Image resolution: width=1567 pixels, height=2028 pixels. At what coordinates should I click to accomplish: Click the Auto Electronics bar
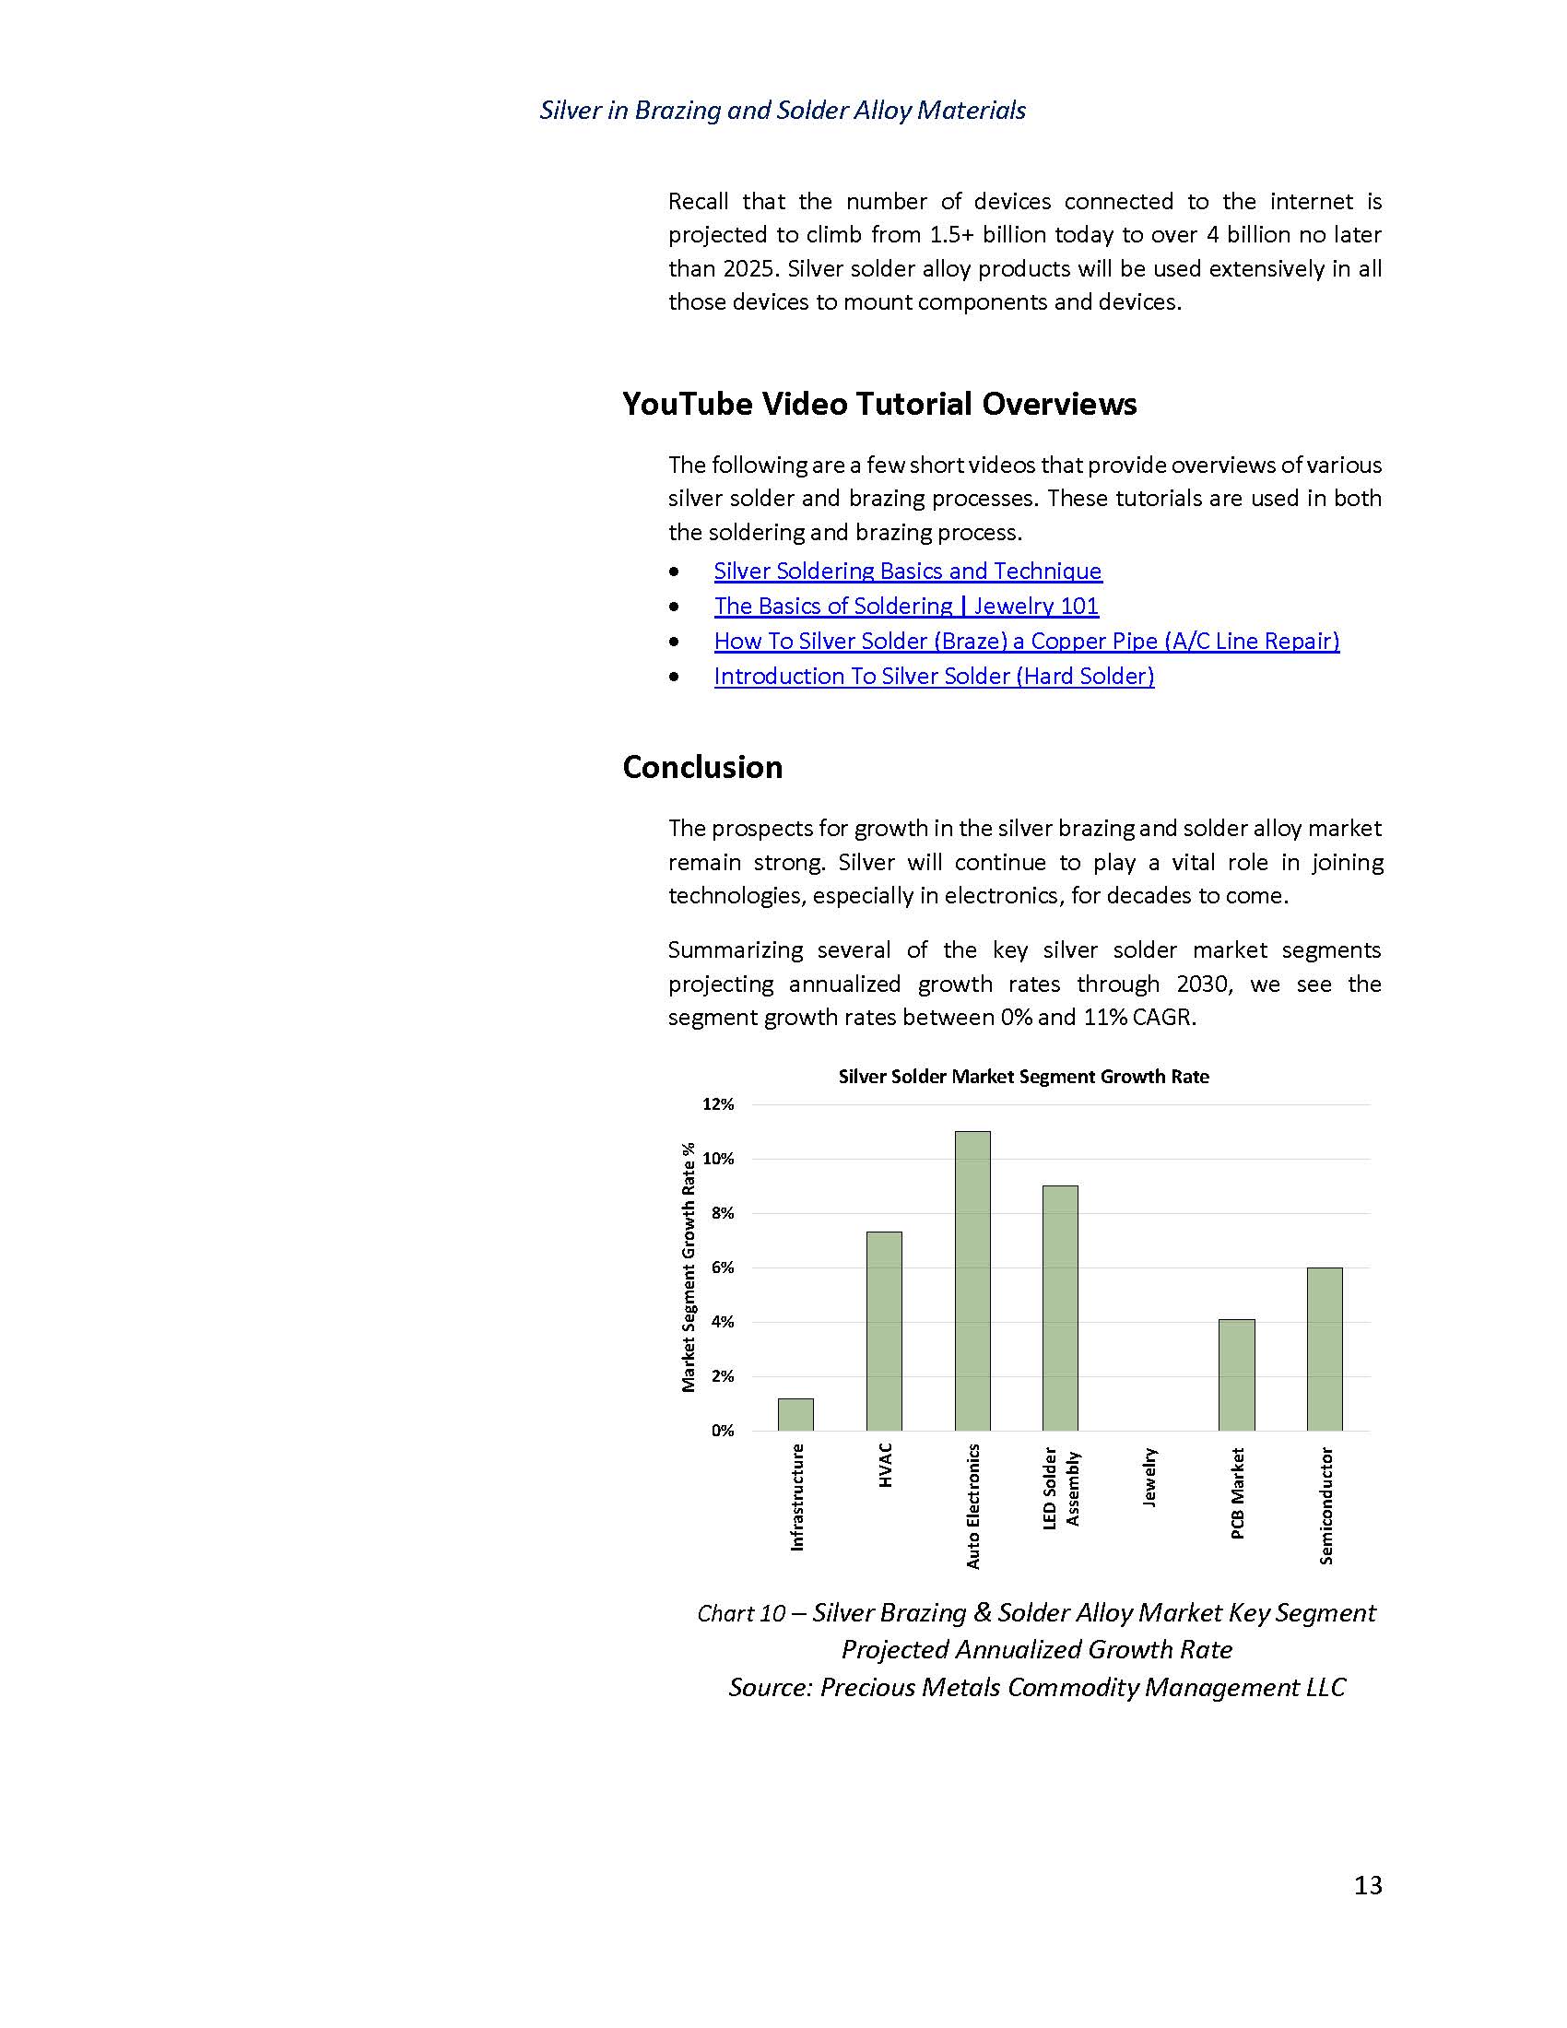pos(972,1280)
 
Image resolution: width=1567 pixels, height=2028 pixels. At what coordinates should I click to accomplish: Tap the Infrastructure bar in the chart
pos(795,1414)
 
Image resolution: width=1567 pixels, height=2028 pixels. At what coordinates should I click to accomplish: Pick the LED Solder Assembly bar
pos(1060,1307)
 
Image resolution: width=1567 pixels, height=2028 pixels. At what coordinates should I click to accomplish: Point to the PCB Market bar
pos(1236,1374)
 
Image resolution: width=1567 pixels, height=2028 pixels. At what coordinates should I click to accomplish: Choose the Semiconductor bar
pos(1325,1349)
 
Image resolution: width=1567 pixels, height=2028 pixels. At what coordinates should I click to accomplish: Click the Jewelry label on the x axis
pos(1149,1478)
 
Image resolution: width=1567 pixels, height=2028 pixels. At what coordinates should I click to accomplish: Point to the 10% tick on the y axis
pos(717,1159)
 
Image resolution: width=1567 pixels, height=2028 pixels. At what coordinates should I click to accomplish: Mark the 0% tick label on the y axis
pos(723,1431)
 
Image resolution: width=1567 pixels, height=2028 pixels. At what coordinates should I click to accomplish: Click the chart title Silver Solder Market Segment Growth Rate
pos(1023,1077)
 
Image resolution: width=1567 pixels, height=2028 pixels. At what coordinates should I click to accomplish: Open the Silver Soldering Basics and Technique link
pos(907,572)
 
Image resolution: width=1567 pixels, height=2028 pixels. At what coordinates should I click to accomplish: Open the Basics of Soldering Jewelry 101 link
pos(906,607)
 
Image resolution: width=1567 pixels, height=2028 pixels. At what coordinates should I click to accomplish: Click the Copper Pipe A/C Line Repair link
pos(1026,642)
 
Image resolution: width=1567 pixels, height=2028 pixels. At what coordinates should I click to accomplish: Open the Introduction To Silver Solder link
pos(934,677)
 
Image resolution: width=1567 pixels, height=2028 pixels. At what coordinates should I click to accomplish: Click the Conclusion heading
pos(701,767)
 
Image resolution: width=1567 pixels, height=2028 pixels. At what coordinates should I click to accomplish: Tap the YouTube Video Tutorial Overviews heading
pos(879,404)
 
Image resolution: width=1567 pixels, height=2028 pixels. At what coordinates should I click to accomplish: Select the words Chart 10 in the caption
pos(741,1614)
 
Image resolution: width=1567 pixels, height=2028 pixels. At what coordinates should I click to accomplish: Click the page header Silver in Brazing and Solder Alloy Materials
pos(783,111)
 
